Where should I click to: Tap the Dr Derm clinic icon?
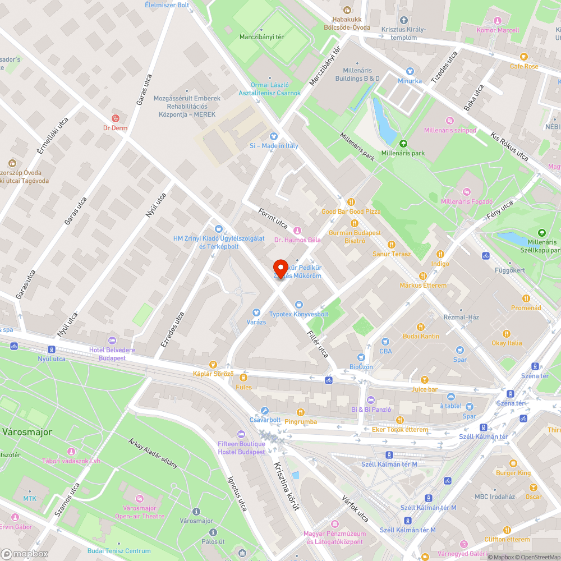click(116, 118)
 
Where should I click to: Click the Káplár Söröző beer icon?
click(213, 365)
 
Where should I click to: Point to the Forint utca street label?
click(273, 218)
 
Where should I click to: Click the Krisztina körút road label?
click(286, 486)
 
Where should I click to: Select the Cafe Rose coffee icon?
click(524, 57)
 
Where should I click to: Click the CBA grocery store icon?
click(385, 342)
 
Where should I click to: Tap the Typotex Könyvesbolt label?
click(298, 314)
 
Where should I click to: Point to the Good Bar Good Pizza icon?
click(351, 202)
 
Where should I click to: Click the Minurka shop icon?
click(410, 71)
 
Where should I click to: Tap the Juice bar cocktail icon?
click(424, 380)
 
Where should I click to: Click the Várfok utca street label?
click(355, 508)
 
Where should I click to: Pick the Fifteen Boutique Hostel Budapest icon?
click(241, 434)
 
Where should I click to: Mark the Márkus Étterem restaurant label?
click(423, 285)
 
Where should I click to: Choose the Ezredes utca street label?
click(172, 329)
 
